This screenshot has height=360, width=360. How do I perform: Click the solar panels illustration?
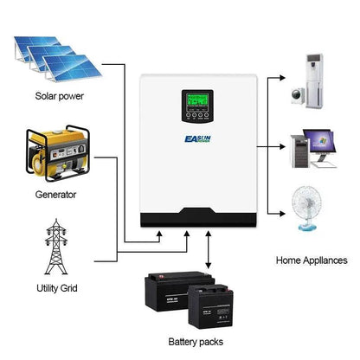tap(53, 54)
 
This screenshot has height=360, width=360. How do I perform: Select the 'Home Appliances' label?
tap(312, 259)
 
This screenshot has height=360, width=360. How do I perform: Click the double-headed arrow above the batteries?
tap(207, 254)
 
